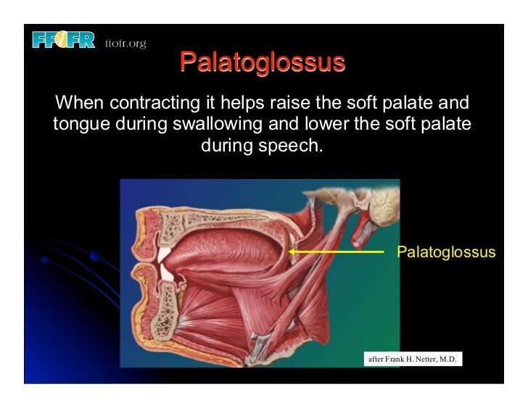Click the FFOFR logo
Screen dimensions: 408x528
[63, 40]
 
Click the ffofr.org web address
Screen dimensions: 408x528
[125, 44]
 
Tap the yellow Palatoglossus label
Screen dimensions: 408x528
[446, 252]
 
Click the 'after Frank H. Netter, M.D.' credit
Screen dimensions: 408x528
[412, 358]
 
